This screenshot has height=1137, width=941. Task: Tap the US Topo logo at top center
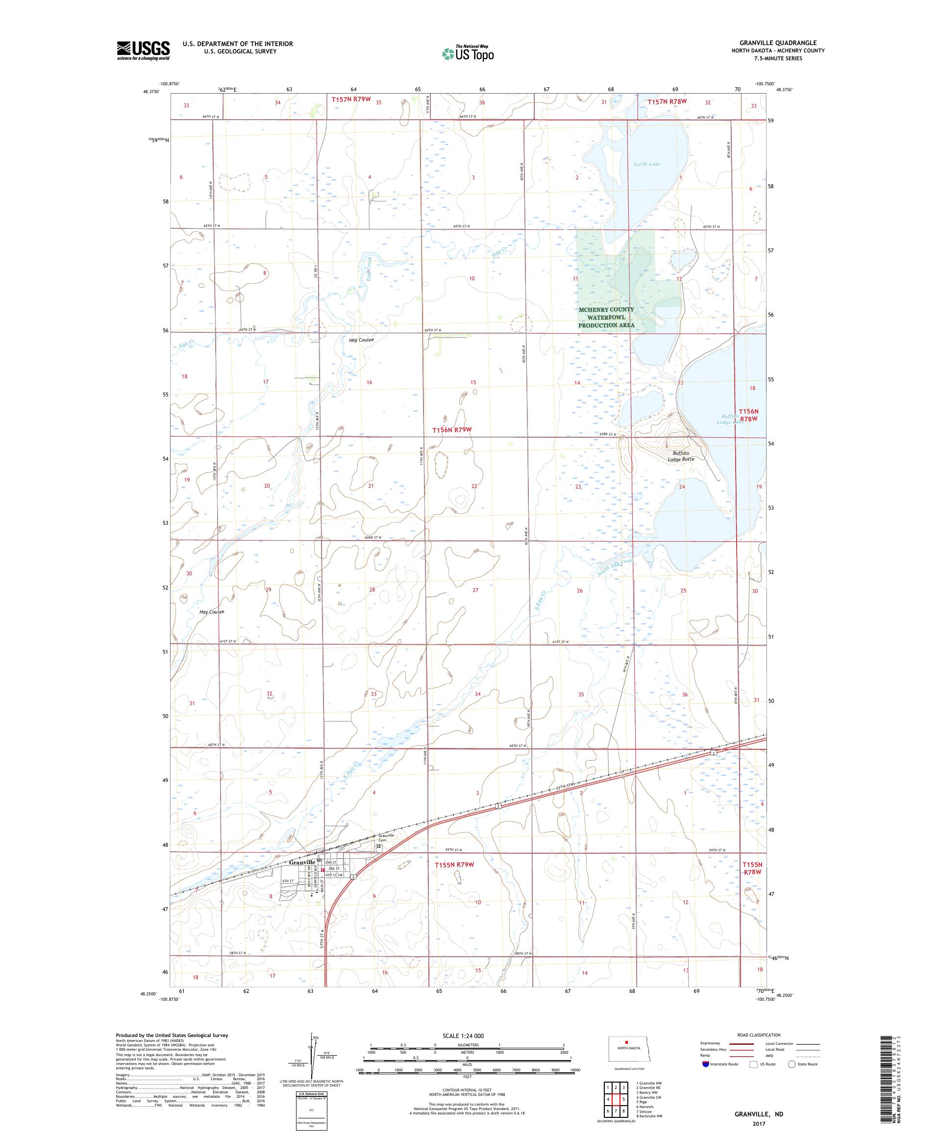pos(468,53)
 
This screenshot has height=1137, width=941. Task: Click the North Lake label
pos(646,164)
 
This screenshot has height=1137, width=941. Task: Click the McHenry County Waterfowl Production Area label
pos(606,317)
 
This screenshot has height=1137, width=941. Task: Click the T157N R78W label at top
pos(667,101)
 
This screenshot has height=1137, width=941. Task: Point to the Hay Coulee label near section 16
pos(361,340)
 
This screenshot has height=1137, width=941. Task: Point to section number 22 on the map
pos(474,486)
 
